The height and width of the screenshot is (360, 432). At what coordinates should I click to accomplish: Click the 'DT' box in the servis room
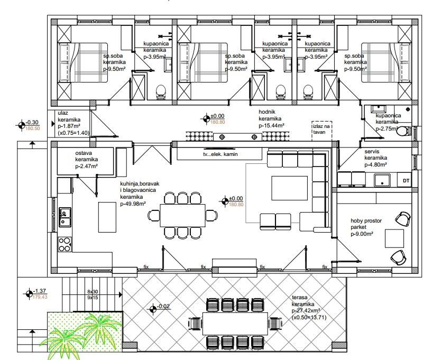[406, 181]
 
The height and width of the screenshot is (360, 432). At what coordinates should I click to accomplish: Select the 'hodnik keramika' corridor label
[271, 119]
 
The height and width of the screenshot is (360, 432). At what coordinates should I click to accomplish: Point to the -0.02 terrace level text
[163, 306]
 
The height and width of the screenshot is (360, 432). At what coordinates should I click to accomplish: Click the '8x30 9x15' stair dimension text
[93, 294]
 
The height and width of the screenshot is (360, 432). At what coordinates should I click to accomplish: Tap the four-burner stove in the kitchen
[65, 244]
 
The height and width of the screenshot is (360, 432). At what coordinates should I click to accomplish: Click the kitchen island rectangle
[106, 218]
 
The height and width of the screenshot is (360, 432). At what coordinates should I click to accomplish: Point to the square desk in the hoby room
[394, 238]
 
